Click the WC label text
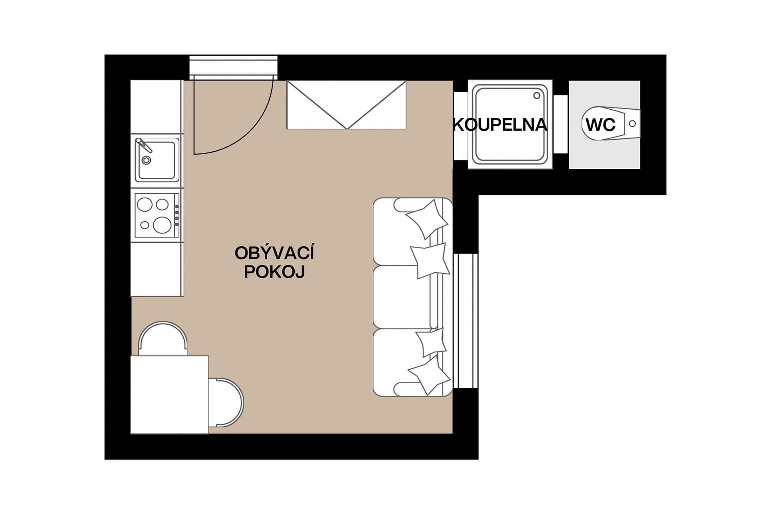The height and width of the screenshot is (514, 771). pos(601,125)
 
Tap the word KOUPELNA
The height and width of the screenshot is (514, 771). pos(500,125)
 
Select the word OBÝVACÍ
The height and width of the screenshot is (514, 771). pos(274,253)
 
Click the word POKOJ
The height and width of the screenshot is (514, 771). pos(274,272)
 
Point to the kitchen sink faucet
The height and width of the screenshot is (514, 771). pos(143,145)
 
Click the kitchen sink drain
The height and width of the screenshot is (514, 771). pos(146,160)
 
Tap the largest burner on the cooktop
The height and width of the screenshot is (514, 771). pos(162,224)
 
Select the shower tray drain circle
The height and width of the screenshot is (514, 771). pos(537,96)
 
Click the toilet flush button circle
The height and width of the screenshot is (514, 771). pos(632,124)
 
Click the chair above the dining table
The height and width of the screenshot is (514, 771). pos(163,338)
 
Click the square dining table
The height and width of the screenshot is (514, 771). pos(169,394)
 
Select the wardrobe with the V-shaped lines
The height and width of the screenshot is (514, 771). pos(346,105)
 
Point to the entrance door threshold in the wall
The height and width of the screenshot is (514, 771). pos(233,67)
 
